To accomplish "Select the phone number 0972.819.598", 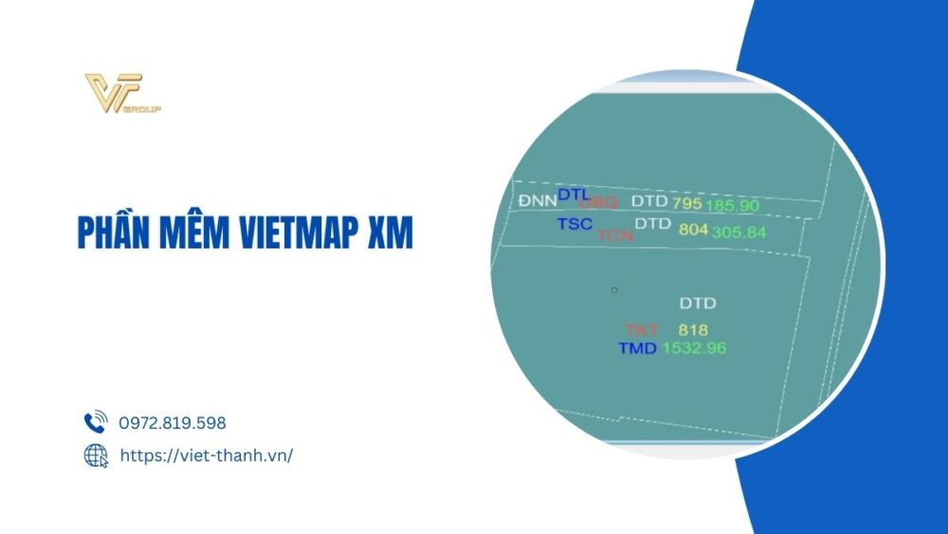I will (x=173, y=423).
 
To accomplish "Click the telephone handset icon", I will (x=96, y=423).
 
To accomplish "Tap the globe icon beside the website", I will (x=96, y=455).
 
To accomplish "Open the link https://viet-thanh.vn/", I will (x=206, y=455).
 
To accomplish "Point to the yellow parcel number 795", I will (x=686, y=203).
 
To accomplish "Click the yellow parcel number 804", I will (x=693, y=230).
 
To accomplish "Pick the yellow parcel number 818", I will (x=693, y=329).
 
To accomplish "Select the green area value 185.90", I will (x=732, y=205).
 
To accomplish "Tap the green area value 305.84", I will (x=738, y=231).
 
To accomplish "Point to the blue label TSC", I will (x=574, y=224).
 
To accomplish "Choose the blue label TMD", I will (x=637, y=348).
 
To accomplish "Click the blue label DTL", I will (x=574, y=194).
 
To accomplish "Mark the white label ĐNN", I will (x=537, y=201).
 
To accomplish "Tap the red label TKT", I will (x=642, y=329).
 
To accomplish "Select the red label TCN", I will (x=615, y=235).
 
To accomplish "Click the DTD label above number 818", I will (x=698, y=304).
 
